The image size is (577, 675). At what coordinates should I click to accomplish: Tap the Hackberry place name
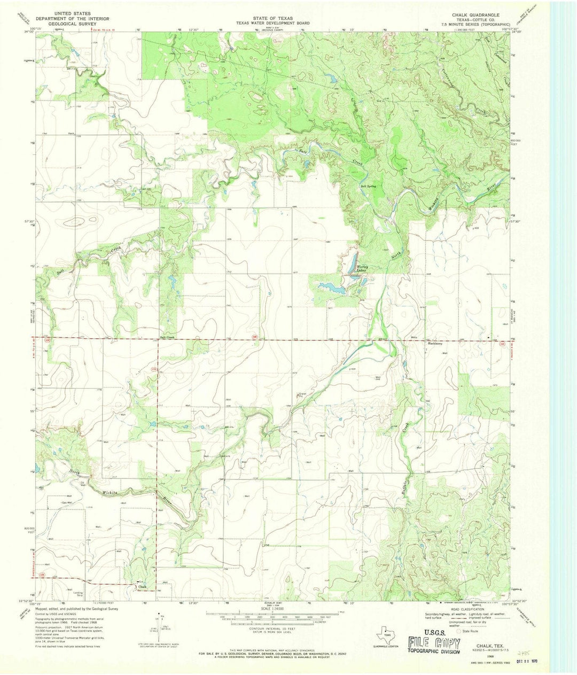[436, 344]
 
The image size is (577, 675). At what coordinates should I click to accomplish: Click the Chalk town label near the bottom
[142, 587]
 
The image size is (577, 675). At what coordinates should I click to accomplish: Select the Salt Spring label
[368, 186]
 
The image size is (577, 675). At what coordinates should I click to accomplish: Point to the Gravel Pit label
[302, 394]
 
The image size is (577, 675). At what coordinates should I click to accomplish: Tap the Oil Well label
[83, 485]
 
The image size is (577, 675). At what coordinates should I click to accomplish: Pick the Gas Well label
[67, 503]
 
